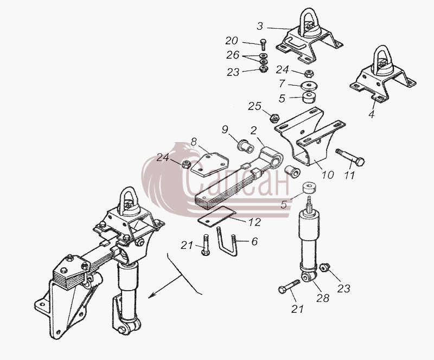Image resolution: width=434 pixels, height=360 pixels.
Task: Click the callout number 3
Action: pos(260,26)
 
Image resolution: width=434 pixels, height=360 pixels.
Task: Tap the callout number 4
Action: pos(372,114)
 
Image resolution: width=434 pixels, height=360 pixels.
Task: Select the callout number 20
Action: pos(232,41)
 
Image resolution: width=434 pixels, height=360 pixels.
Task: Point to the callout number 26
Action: pos(233,55)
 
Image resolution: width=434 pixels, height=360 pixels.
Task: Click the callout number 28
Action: pos(323,298)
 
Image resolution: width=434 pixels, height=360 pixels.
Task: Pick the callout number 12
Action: pos(254,222)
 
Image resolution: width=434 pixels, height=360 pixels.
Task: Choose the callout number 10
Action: pos(328,175)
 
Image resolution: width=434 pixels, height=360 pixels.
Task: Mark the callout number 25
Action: pos(254,106)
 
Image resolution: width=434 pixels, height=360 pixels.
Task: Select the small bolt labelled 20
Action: pos(263,45)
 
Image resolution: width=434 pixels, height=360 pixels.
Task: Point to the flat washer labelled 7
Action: pos(309,86)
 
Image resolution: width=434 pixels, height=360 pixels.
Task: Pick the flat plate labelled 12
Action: pos(216,216)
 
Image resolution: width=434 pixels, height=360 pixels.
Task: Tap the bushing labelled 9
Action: pos(246,145)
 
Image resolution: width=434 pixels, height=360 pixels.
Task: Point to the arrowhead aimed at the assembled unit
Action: pos(152,296)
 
